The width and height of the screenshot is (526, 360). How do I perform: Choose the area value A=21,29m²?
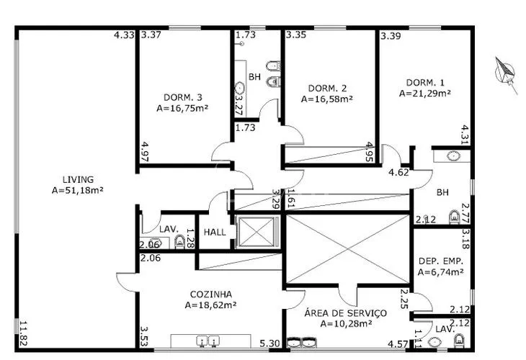[x=425, y=93]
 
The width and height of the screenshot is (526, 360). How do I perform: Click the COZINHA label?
[x=210, y=294]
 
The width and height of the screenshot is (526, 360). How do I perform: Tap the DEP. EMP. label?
[x=440, y=260]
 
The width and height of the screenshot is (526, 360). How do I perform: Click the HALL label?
[x=215, y=233]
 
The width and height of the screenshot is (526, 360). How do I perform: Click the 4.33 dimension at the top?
[x=124, y=35]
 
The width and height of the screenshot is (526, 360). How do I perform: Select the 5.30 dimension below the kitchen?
[x=271, y=344]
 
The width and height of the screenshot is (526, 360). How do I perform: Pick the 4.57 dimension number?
[x=399, y=344]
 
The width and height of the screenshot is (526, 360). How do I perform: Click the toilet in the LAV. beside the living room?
[x=179, y=241]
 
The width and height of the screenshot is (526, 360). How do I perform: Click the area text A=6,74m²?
[x=440, y=272]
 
